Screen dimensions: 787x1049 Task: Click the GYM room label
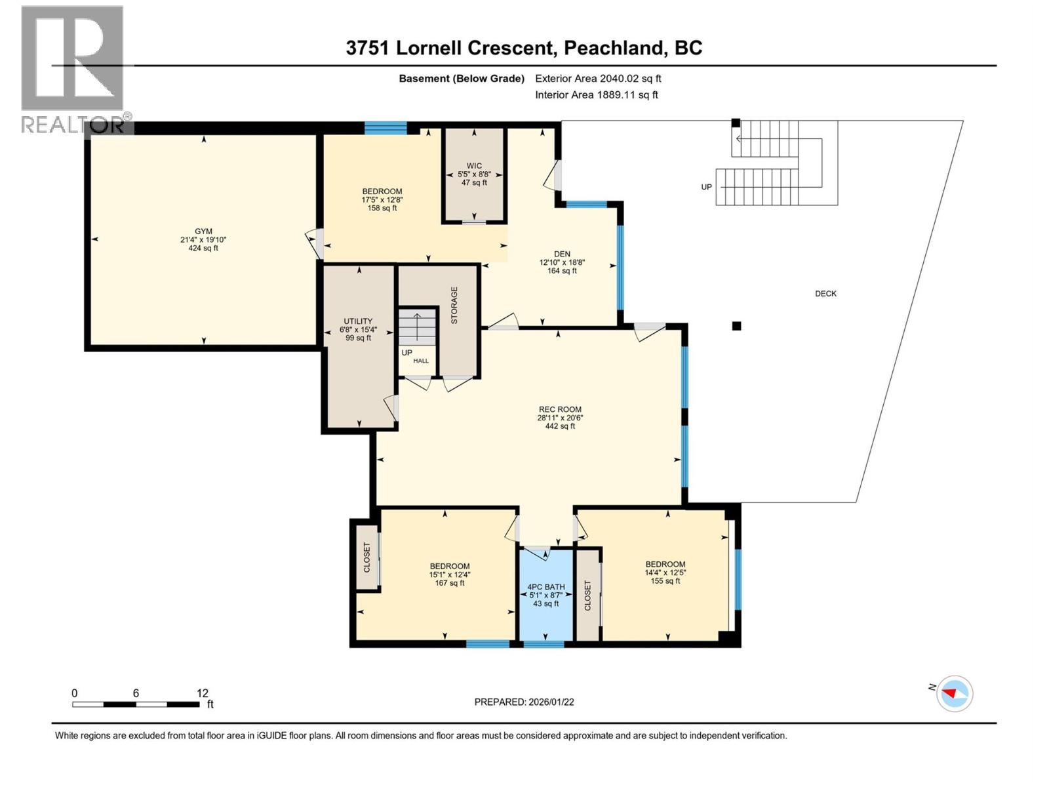pos(203,232)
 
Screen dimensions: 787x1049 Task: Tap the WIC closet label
pos(474,166)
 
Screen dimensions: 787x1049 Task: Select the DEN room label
pos(562,254)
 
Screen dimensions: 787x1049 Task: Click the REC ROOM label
pos(560,409)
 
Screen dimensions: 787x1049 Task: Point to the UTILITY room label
pos(358,321)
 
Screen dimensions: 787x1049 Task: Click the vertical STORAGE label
pos(454,305)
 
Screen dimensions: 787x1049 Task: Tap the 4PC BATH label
pos(545,587)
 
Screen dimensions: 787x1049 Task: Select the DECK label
pos(825,294)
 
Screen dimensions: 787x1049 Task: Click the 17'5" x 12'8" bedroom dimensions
pos(382,200)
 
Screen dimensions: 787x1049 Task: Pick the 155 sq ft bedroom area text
pos(665,581)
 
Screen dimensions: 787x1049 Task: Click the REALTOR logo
pos(73,69)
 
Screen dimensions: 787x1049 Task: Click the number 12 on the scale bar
pos(203,693)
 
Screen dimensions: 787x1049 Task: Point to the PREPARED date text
pos(524,702)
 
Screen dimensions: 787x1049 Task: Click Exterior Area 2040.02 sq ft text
pos(598,79)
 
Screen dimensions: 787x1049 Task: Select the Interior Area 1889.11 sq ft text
pos(596,95)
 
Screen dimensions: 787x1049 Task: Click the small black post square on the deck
pos(736,326)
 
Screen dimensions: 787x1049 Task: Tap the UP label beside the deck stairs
pos(706,187)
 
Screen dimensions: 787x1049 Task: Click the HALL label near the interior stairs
pos(420,361)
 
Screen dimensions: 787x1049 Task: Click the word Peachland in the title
pos(613,48)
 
